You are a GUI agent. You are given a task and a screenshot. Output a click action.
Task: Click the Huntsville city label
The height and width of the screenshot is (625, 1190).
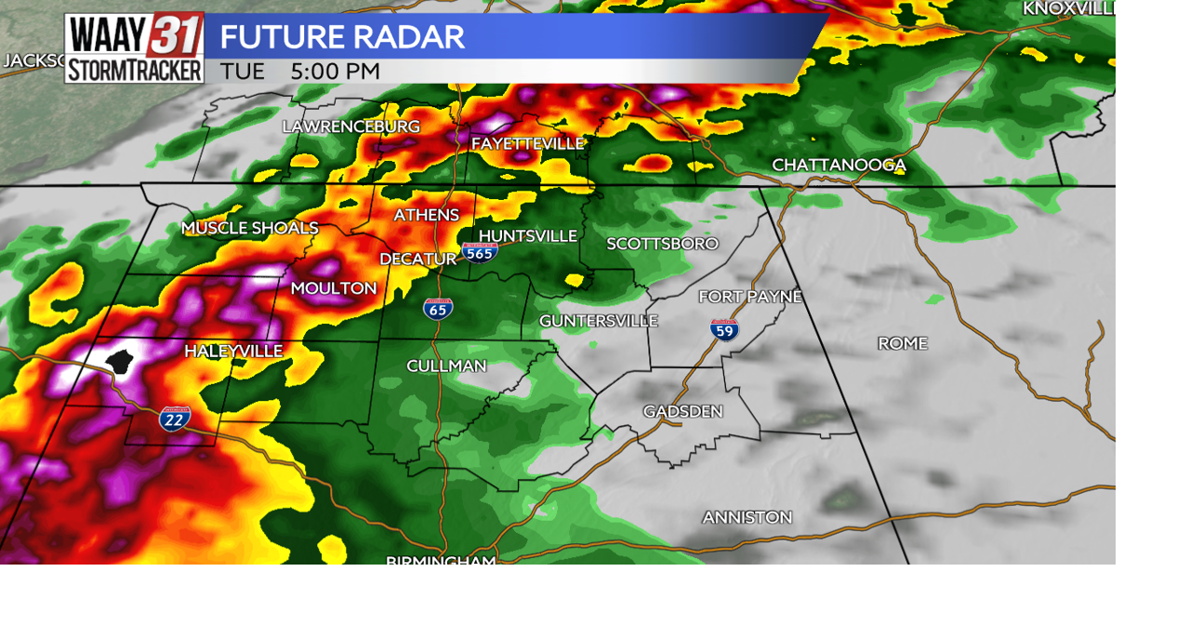[x=527, y=236]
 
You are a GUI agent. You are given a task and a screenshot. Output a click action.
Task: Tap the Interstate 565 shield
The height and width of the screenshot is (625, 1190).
[x=480, y=252]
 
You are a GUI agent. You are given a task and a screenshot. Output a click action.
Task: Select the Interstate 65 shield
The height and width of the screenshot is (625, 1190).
[x=438, y=309]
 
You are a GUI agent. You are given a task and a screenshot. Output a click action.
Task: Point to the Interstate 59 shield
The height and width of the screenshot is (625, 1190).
[x=724, y=329]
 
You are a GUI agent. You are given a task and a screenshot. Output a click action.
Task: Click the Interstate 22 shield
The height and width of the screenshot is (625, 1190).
[x=174, y=419]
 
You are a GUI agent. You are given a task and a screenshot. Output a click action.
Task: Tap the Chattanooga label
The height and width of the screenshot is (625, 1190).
[x=839, y=165]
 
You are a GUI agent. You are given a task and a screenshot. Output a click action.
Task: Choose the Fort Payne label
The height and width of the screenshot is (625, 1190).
[x=749, y=297]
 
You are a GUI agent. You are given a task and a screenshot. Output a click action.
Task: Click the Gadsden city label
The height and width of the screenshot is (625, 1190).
[x=682, y=411]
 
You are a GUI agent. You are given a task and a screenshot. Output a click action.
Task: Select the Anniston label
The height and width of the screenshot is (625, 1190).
[x=747, y=517]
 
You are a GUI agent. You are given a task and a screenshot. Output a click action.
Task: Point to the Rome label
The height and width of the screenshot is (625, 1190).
[x=902, y=343]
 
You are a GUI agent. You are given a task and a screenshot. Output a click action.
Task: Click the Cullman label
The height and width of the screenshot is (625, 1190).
[x=446, y=366]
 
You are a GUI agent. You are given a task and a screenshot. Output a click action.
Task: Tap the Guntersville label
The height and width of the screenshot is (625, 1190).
[x=598, y=321]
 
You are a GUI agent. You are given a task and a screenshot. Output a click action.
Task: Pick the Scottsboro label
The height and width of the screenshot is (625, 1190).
[x=662, y=244]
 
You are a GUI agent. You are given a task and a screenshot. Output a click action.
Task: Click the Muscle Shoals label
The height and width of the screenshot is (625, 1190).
[x=249, y=228]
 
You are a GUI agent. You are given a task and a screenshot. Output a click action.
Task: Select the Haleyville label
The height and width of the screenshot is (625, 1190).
[x=232, y=351]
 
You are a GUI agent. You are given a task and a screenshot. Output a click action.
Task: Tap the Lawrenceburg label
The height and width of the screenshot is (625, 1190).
[x=350, y=126]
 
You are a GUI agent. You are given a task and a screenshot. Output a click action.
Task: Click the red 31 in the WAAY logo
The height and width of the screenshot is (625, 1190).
[x=175, y=36]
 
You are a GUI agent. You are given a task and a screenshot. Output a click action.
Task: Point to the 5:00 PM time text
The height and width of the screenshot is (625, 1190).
[x=335, y=72]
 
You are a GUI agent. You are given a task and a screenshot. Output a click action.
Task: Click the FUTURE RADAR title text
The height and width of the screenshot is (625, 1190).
[x=341, y=37]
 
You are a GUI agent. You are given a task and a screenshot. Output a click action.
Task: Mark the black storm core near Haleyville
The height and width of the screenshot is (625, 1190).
[x=120, y=361]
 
